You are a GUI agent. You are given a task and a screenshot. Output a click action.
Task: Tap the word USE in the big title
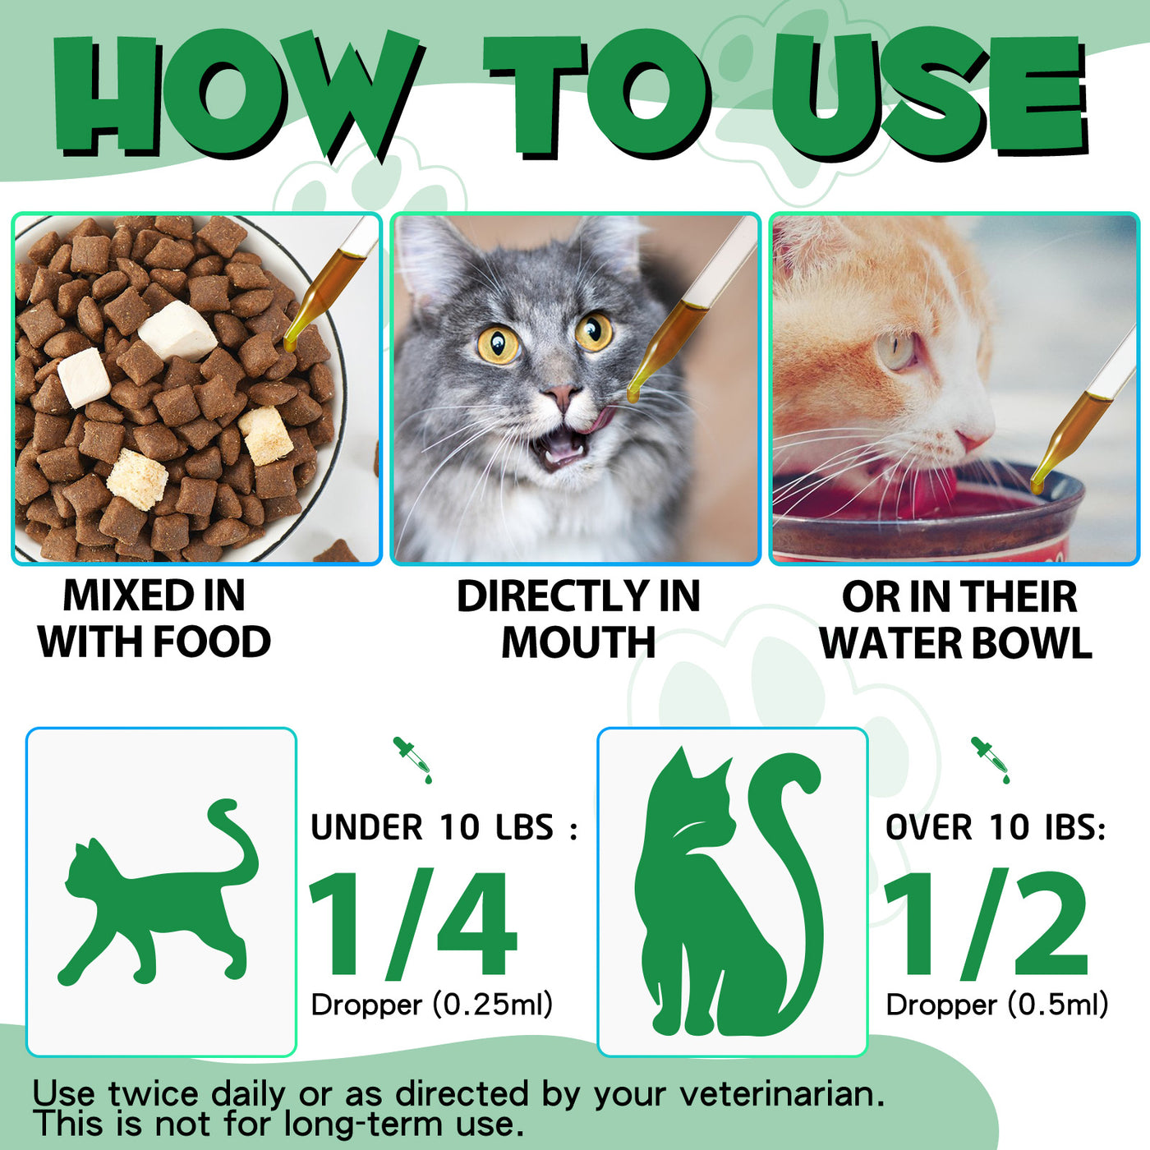click(928, 94)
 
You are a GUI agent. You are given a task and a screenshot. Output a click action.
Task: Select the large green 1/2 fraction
click(986, 924)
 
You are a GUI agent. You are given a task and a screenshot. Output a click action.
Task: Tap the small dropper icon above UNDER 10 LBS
click(412, 759)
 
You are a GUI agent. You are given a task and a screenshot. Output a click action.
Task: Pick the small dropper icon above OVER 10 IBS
click(991, 759)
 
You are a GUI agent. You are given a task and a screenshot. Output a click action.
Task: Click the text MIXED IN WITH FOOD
click(154, 619)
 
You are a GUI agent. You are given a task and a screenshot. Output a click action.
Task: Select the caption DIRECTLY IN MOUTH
click(577, 619)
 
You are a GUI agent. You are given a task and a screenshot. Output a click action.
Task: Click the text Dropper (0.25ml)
click(432, 1004)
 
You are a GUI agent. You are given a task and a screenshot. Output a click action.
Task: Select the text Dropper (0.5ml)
click(996, 1004)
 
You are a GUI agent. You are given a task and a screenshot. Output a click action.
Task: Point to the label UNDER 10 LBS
click(444, 827)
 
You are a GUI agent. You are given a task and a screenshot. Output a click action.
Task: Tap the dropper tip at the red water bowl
click(1037, 485)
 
